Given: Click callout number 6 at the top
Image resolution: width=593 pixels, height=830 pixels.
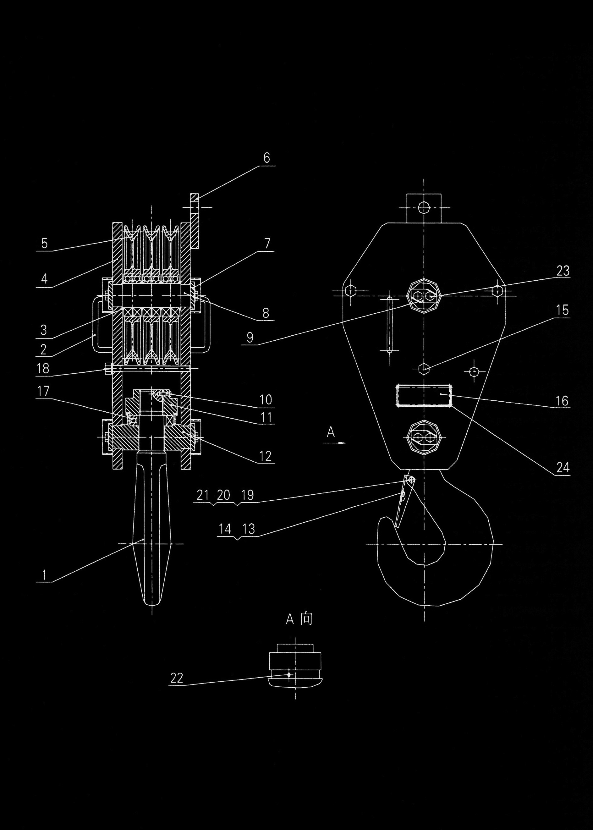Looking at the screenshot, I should [266, 158].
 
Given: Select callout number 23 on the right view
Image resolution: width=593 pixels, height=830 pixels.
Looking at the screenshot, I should [563, 271].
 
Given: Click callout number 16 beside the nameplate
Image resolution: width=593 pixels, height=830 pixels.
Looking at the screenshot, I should [562, 401].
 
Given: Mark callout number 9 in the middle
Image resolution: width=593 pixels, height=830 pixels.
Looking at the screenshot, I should [250, 338].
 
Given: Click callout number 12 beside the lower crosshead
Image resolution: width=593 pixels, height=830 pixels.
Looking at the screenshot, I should [266, 456].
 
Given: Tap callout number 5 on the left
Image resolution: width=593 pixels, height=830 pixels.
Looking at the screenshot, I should [45, 243].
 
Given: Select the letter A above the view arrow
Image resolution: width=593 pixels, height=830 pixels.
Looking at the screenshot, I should [331, 433].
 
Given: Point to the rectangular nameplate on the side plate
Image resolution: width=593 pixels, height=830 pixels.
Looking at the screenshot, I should [424, 395].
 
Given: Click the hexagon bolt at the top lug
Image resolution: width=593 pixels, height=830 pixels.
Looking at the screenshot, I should [424, 208].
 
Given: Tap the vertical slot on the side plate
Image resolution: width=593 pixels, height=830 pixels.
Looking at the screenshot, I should [390, 325].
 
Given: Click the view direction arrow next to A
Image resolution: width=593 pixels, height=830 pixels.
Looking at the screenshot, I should [334, 443].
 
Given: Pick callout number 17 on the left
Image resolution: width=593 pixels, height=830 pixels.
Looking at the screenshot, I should [43, 392].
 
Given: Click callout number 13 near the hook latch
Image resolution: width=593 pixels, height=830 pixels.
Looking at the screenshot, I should [248, 529].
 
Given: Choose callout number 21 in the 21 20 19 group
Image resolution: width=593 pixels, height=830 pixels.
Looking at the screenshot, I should [202, 495].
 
